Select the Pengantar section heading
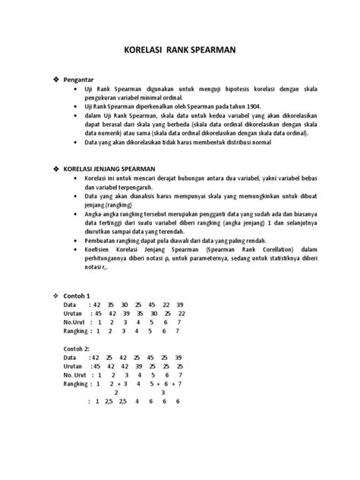79,79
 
